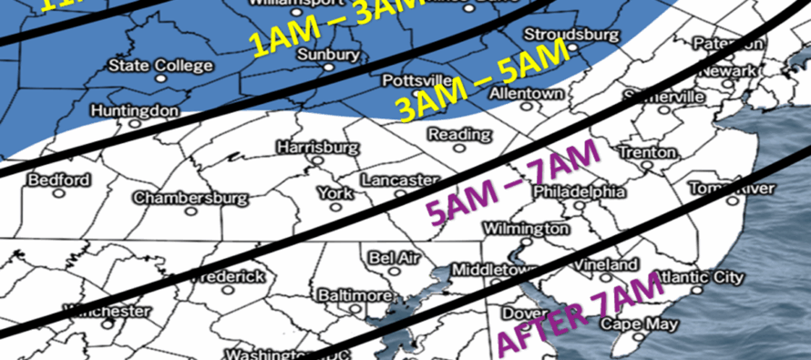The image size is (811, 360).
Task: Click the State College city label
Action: (x=160, y=66)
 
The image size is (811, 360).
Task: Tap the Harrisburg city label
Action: (x=313, y=146)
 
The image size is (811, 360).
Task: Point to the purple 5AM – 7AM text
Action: (x=514, y=180)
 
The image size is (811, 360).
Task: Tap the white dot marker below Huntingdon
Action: (x=134, y=122)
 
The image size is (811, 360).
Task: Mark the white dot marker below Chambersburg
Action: (x=190, y=211)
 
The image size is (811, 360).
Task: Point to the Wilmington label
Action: (x=521, y=227)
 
